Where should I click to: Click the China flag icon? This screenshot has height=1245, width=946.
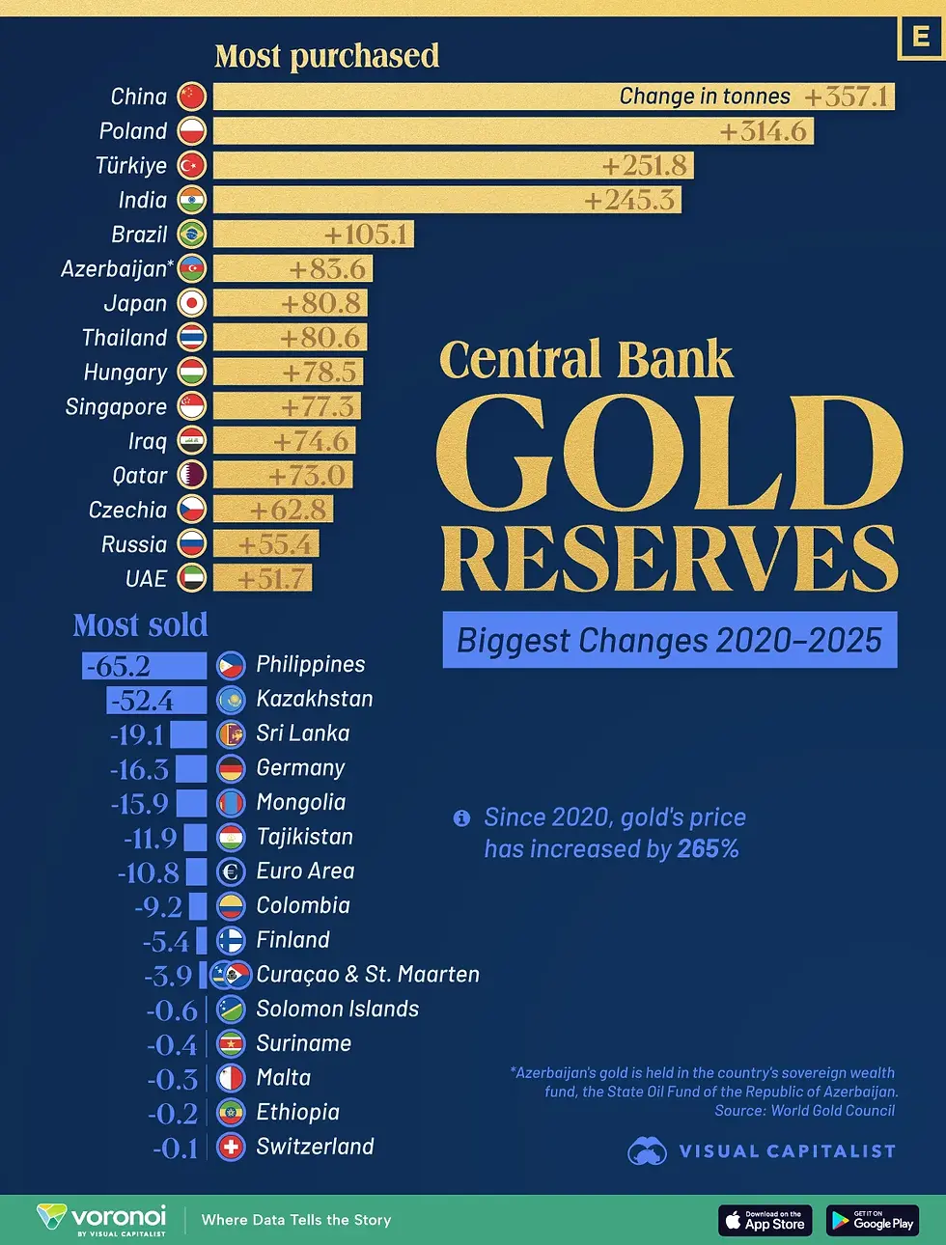point(192,97)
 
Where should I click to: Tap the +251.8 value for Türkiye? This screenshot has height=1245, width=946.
point(644,166)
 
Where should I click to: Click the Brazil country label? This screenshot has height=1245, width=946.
point(139,235)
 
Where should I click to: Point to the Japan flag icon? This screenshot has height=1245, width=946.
point(192,303)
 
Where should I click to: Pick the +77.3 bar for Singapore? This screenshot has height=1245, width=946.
point(287,406)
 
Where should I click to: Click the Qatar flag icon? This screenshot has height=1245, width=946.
point(192,475)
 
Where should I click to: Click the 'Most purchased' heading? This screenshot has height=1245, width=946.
point(326,56)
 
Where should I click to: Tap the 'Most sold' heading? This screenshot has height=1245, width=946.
point(141,625)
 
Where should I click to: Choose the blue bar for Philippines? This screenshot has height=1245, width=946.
point(145,666)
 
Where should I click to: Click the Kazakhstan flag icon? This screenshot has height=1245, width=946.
point(231,700)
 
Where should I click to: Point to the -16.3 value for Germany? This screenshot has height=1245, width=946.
point(140,769)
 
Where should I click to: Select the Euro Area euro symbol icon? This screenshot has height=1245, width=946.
point(231,872)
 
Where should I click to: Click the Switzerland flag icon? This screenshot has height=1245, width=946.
point(231,1148)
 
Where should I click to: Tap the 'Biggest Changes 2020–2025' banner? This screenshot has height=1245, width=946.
point(669,640)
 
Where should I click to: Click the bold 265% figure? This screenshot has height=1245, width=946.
point(708,849)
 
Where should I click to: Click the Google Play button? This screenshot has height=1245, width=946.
point(872,1221)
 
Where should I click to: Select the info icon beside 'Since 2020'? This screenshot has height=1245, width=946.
point(461,818)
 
